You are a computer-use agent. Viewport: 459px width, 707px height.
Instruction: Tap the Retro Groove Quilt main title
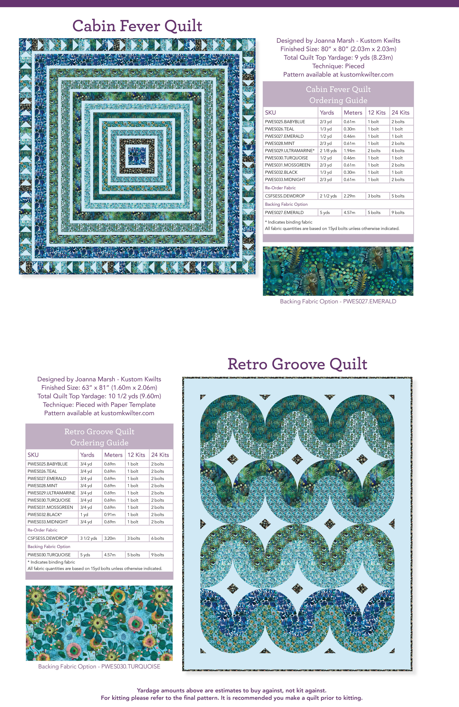click(297, 364)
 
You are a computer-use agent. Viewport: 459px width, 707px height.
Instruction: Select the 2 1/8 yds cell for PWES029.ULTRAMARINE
click(328, 151)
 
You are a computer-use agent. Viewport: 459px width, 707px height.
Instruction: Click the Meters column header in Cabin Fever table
click(353, 113)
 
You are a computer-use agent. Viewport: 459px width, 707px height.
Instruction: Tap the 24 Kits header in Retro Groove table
click(160, 455)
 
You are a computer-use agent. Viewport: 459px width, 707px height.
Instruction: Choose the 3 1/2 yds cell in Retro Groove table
click(89, 538)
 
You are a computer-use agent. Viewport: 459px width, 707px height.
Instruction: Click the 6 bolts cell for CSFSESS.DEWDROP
click(158, 538)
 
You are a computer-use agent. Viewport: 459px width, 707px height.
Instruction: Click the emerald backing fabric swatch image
click(338, 271)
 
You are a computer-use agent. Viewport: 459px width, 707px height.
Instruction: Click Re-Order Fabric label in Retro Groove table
click(42, 530)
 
